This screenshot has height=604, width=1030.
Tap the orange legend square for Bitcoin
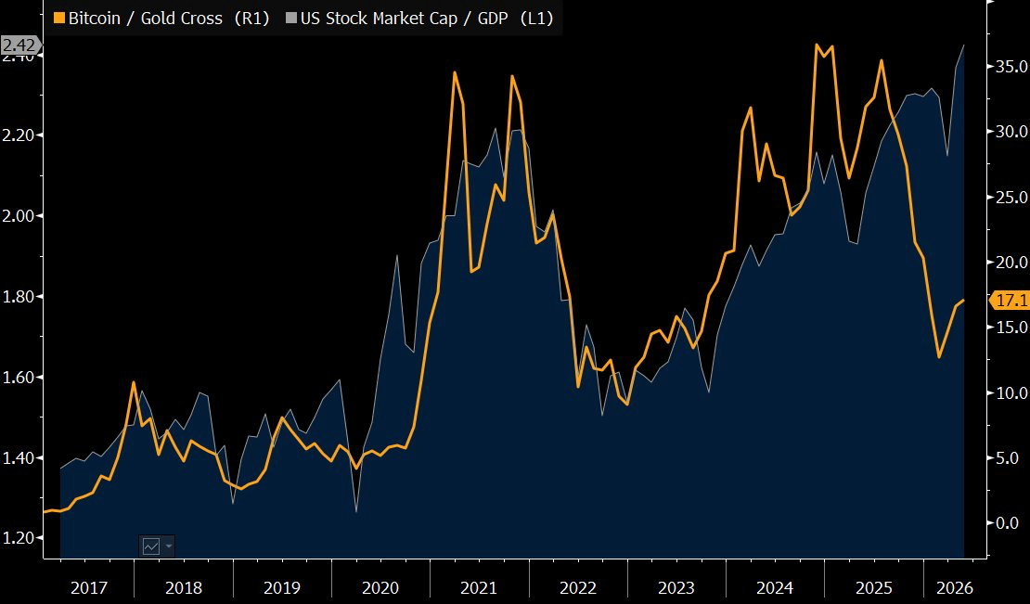59,19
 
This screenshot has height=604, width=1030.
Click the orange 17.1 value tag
1009,301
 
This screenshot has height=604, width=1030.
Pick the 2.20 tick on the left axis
19,135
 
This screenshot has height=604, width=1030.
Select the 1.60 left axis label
19,378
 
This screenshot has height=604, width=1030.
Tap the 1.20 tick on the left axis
19,538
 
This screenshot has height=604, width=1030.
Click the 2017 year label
89,587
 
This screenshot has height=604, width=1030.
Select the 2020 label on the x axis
381,587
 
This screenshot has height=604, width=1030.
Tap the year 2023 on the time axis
676,587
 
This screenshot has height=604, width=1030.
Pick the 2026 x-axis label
954,587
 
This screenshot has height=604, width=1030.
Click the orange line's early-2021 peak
455,72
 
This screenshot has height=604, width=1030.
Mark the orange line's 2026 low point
939,357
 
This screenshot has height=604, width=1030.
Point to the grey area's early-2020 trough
356,511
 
